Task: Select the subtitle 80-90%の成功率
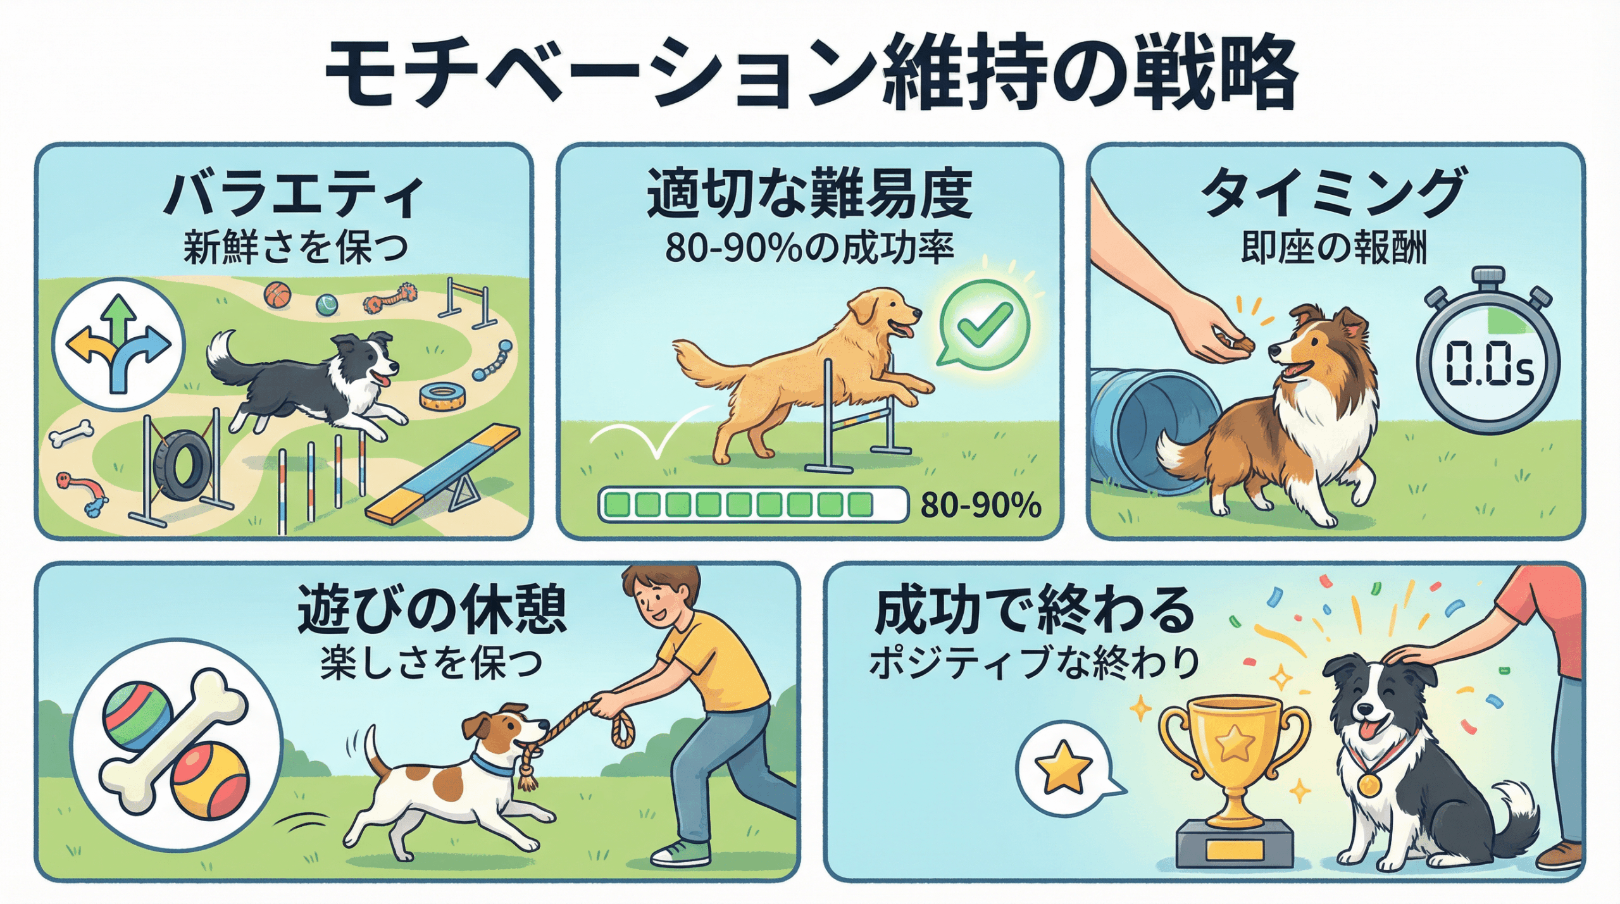coord(809,249)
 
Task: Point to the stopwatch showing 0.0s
coord(1487,354)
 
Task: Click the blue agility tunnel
coord(1155,430)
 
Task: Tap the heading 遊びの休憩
coord(432,610)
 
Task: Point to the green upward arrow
coord(119,319)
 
